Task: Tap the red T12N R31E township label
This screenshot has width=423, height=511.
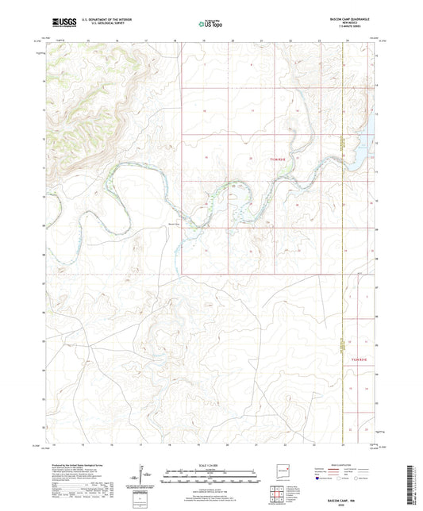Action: click(360, 359)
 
